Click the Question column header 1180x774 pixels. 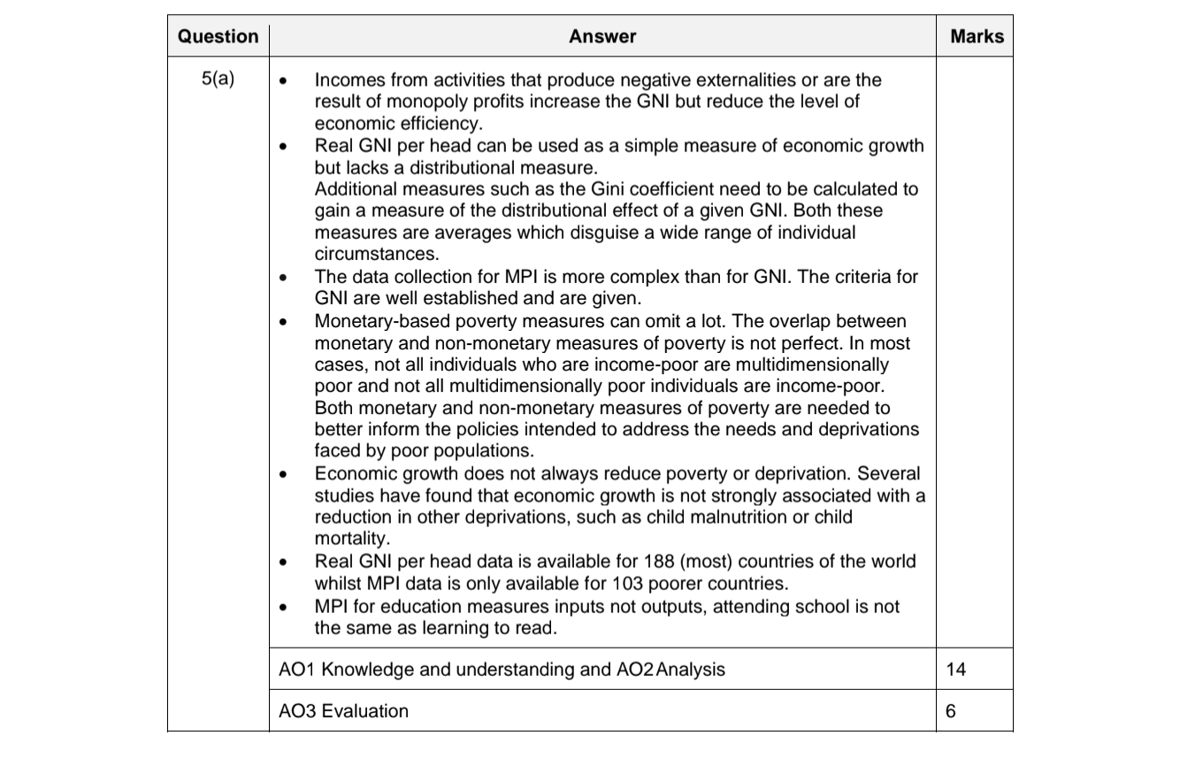click(x=218, y=36)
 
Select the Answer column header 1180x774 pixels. click(x=601, y=36)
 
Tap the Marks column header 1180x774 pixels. click(x=977, y=36)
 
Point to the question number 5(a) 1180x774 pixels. click(x=218, y=79)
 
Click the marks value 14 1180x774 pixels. click(x=955, y=670)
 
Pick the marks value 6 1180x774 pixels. click(x=951, y=711)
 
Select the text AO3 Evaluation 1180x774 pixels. click(x=343, y=711)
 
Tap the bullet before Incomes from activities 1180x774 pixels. click(x=283, y=81)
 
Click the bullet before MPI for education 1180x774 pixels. click(x=283, y=608)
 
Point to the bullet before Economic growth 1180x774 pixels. click(x=283, y=475)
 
